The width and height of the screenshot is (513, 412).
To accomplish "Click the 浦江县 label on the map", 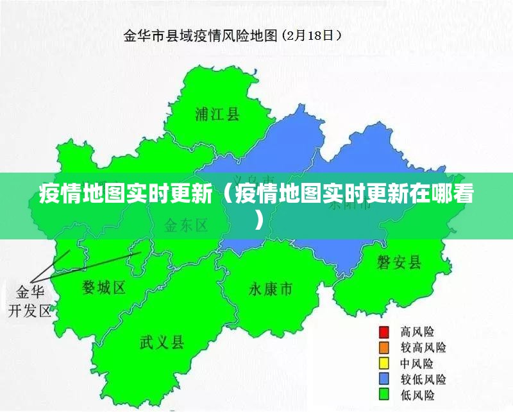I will point(217,115).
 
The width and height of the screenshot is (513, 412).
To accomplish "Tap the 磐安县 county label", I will point(399,262).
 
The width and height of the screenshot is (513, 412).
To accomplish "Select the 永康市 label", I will point(270,289).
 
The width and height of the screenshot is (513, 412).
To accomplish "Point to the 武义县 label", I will point(162,341).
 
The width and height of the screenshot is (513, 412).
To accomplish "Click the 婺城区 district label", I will point(104,288).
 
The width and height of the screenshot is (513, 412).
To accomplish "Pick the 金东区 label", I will point(187,225).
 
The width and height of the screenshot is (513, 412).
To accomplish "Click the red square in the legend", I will point(384,332).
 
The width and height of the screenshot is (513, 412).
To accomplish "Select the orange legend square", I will point(384,348).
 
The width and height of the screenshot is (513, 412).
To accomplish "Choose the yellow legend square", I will point(384,363).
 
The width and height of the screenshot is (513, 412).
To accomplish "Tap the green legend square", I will point(384,395).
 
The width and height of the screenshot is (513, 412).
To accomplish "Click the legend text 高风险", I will point(417,332).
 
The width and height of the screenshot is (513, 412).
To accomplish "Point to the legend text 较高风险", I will point(423,348).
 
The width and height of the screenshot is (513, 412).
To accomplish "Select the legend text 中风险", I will point(417,363).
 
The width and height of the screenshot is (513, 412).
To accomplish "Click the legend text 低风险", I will point(417,395).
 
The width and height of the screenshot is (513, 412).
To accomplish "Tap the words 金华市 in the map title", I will point(140,35).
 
